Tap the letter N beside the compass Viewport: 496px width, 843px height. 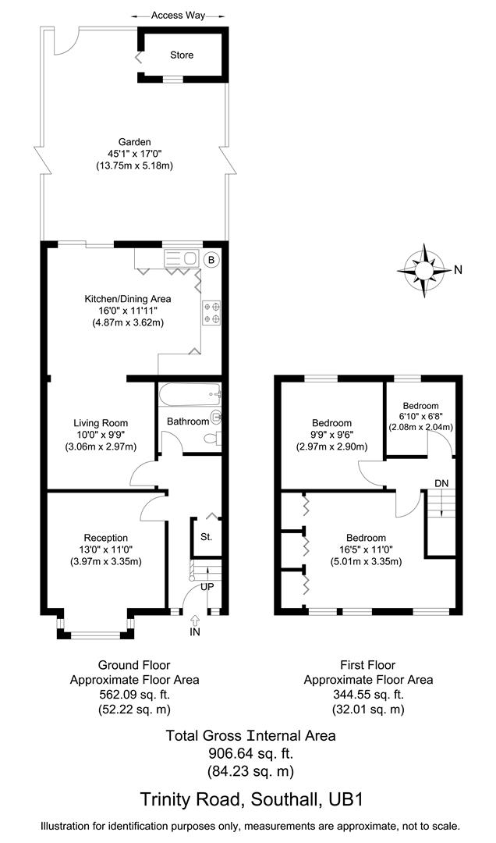[459, 271]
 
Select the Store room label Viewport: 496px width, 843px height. [182, 55]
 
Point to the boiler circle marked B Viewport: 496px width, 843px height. [211, 259]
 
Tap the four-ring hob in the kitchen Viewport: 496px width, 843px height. [211, 312]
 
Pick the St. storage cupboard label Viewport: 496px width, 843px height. [206, 537]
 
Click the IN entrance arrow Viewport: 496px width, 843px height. [194, 620]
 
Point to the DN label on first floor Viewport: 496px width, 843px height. [441, 483]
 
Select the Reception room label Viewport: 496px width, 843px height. [105, 537]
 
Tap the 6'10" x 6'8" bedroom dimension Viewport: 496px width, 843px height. [420, 417]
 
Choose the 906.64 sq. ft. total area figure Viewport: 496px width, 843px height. [250, 753]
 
